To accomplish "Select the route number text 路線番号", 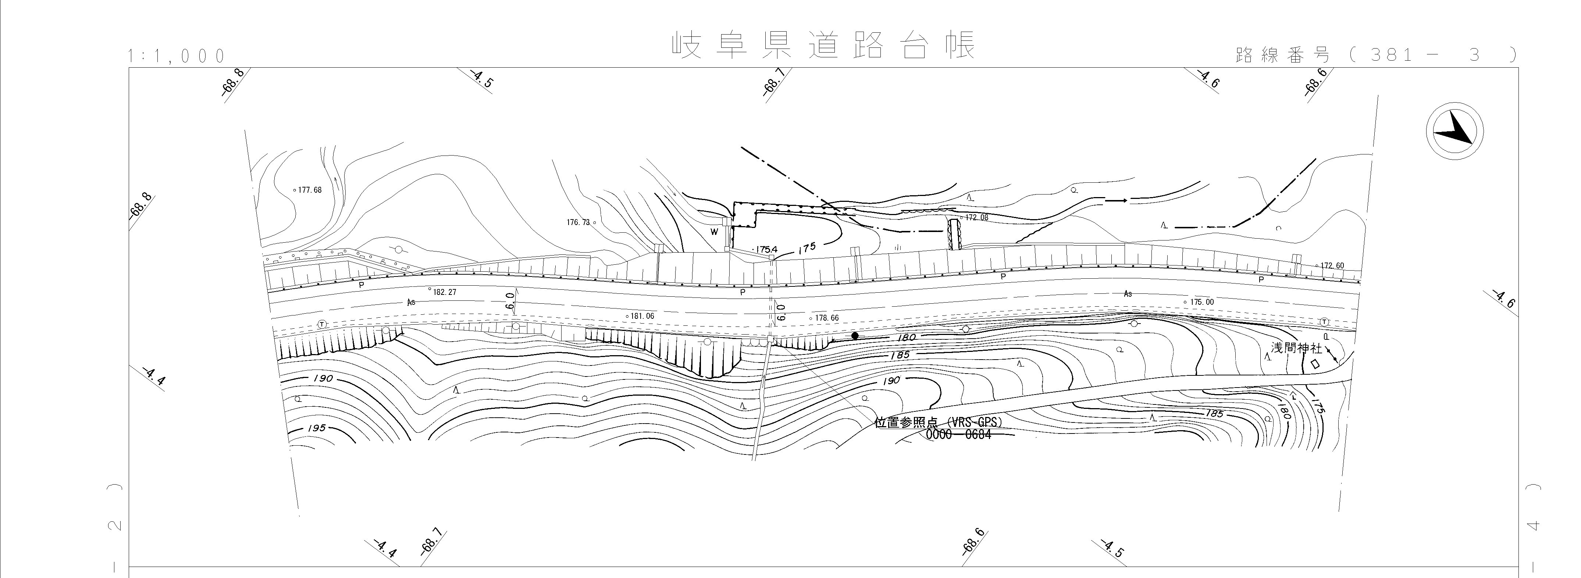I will pos(1283,55).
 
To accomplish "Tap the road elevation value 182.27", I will pos(444,292).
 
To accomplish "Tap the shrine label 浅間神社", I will pos(1296,348).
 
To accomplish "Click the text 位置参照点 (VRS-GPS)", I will pos(938,423).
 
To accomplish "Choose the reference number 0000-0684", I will pos(957,435).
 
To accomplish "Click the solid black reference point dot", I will pos(855,336).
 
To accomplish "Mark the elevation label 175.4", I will pos(766,250).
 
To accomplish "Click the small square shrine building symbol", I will pos(1315,364).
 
